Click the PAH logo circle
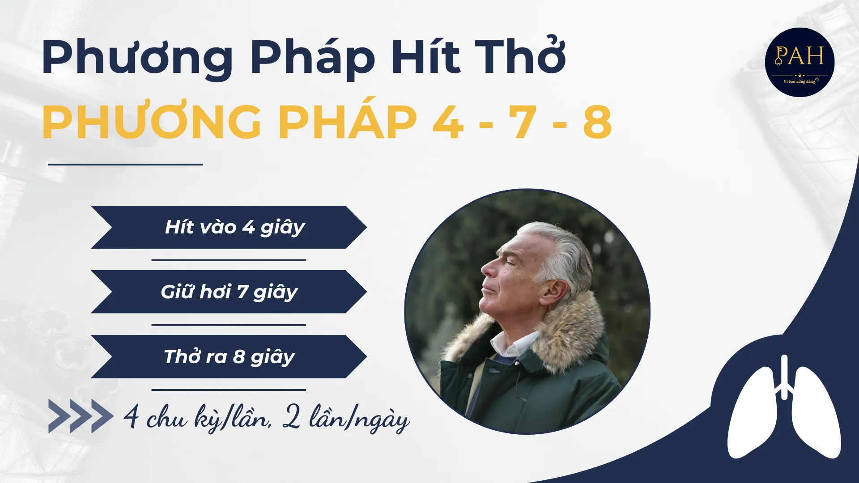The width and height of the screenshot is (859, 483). pos(799,62)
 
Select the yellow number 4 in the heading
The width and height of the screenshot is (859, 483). pos(448,122)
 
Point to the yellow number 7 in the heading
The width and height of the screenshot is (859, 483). pos(523,122)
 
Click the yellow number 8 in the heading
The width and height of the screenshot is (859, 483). pos(597,122)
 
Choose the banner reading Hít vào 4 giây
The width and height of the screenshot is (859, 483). pos(229,227)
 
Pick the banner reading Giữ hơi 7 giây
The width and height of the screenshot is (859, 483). pos(229,292)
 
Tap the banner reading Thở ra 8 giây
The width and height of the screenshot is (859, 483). pos(229,356)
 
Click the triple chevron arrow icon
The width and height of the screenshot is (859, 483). pos(81,416)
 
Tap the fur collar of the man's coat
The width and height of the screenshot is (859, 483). pos(573,331)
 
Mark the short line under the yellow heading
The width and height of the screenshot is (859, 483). pos(125,165)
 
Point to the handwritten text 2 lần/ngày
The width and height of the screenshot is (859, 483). pos(346,419)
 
